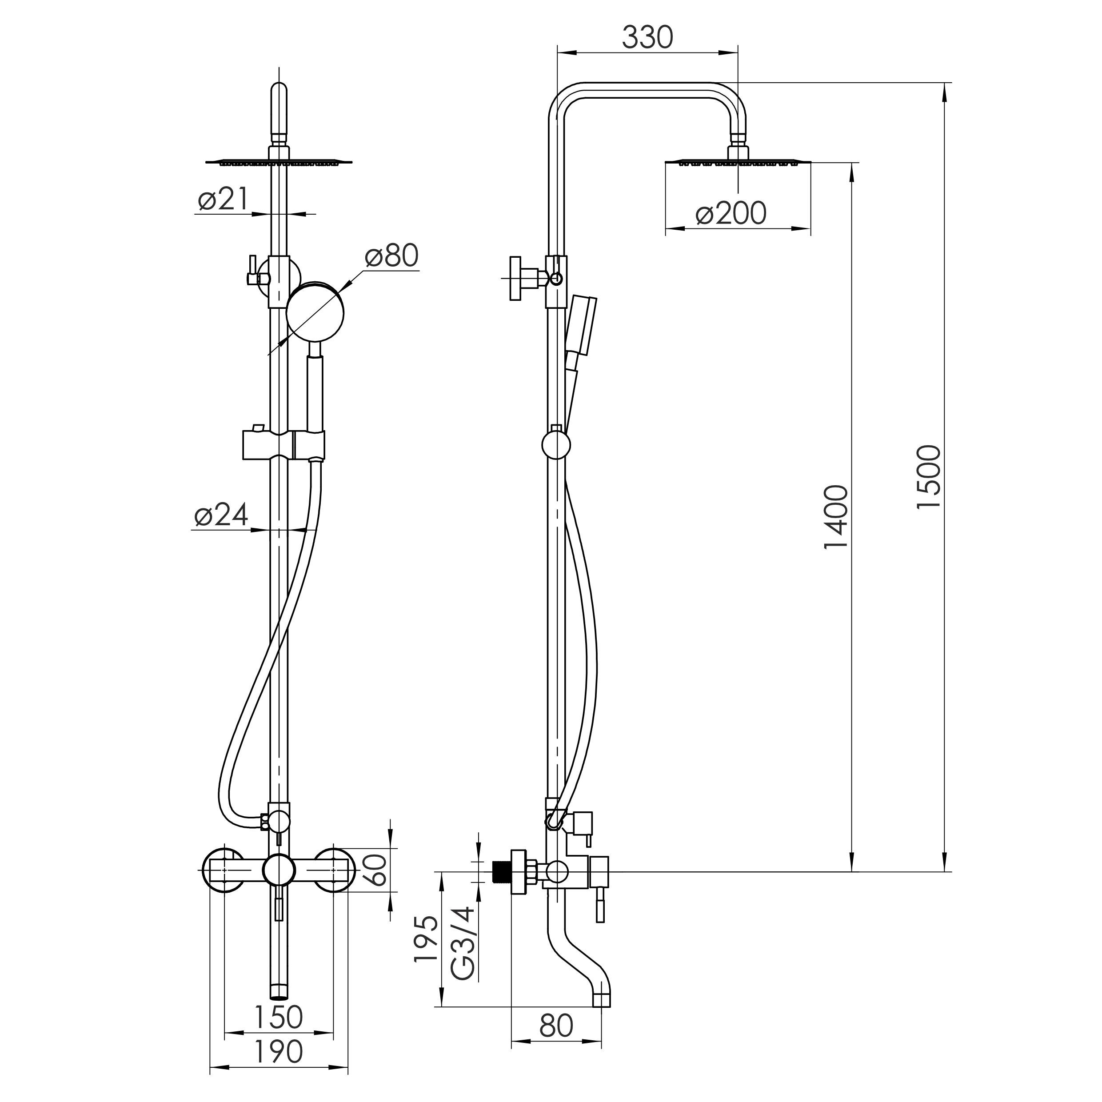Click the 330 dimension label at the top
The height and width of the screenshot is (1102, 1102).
pyautogui.click(x=647, y=38)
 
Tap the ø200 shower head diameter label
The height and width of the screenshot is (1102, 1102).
pyautogui.click(x=731, y=213)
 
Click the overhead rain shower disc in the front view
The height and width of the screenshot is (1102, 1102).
pyautogui.click(x=279, y=163)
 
